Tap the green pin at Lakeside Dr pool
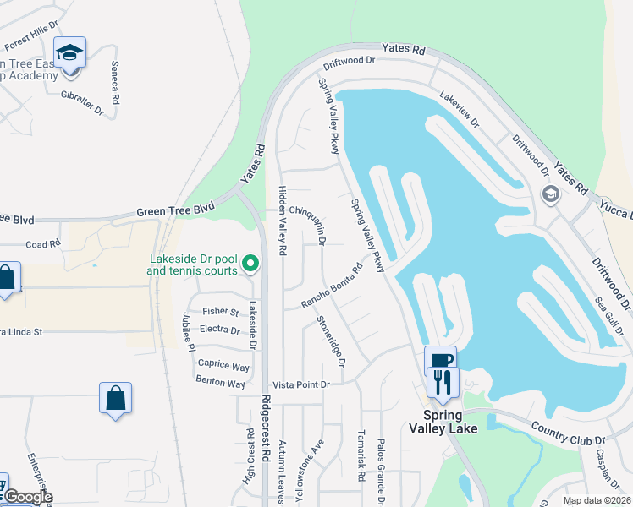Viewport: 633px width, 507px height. coord(250,265)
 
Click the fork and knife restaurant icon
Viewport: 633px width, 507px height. coord(443,383)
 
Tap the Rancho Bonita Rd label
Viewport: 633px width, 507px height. coord(333,286)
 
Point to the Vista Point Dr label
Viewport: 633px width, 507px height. coord(301,384)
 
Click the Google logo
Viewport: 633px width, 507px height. coord(27,498)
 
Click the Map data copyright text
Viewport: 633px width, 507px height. coord(597,500)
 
